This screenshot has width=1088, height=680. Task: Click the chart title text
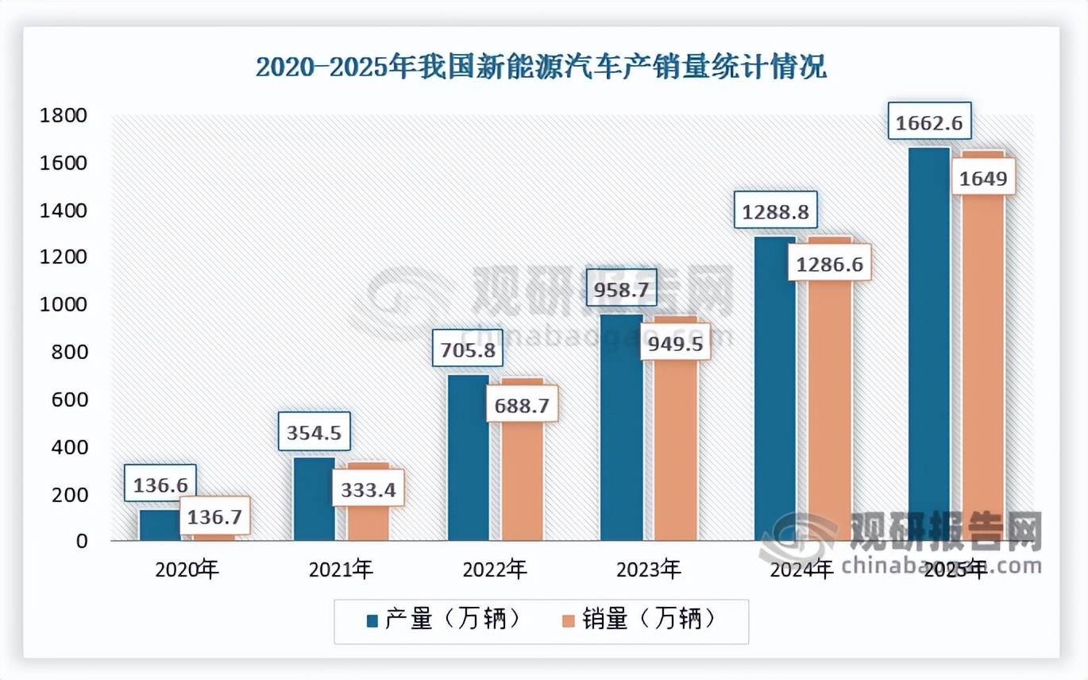coord(541,68)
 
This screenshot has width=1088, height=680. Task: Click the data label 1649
coord(982,179)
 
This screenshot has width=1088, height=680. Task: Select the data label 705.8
coord(468,348)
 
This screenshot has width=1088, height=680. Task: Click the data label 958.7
coord(621,291)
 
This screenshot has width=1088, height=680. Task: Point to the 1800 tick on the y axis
coord(63,116)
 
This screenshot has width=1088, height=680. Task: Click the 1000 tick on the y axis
coord(63,305)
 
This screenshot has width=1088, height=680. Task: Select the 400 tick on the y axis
coord(67,447)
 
